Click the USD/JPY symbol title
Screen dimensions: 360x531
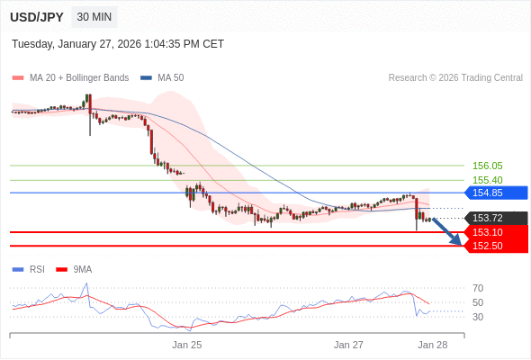[36, 17]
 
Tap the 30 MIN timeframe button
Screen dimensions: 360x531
[94, 17]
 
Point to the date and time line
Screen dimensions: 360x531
[118, 44]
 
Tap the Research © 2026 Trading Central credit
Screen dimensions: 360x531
[455, 77]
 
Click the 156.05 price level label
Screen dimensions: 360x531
[487, 166]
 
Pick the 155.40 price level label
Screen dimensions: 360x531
[487, 180]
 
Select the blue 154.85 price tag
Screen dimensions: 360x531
[496, 193]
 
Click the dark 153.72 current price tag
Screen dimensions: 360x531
[496, 218]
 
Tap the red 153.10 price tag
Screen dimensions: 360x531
[496, 232]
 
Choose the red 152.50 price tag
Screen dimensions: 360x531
[496, 246]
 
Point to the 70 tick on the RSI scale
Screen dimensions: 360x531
[478, 288]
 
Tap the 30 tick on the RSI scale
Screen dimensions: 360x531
[478, 317]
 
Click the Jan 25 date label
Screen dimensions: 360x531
[187, 345]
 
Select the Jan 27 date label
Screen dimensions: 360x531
[348, 345]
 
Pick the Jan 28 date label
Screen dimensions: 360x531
[433, 345]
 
